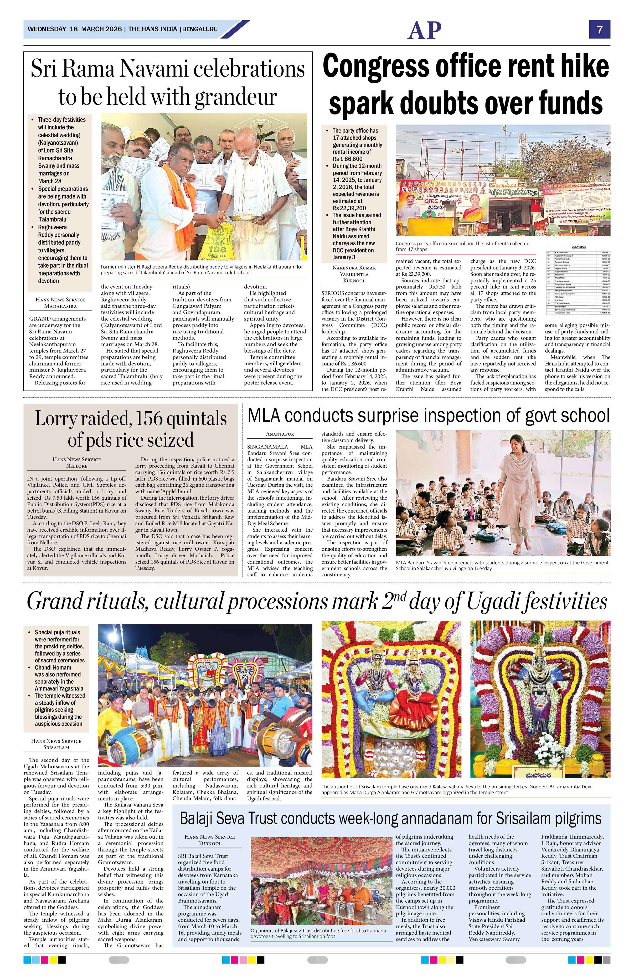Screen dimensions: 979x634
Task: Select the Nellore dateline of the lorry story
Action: (x=76, y=466)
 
